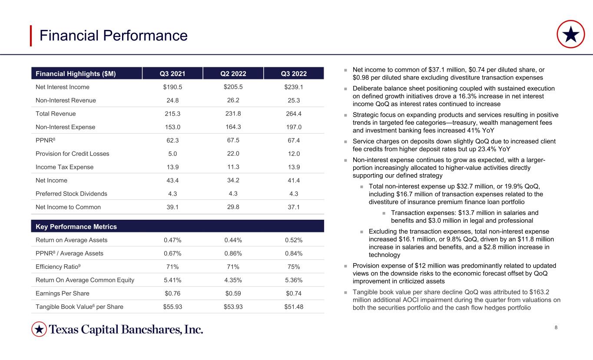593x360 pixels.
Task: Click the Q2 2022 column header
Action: click(233, 73)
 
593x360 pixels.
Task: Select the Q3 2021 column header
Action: click(172, 73)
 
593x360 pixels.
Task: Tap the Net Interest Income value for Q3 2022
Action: click(294, 87)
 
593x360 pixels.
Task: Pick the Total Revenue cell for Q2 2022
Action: click(233, 114)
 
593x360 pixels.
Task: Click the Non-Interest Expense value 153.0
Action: click(172, 127)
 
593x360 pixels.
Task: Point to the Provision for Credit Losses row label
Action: click(72, 154)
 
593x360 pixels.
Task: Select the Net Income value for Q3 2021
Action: click(172, 181)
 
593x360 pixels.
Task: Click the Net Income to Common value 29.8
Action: click(233, 207)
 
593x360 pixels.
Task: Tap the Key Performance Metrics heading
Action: click(76, 227)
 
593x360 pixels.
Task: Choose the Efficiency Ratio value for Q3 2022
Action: click(294, 267)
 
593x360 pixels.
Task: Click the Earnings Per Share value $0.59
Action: click(233, 294)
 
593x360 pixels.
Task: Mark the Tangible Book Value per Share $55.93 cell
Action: click(172, 307)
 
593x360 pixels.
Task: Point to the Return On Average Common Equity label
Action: click(85, 280)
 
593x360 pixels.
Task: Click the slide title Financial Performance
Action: click(113, 36)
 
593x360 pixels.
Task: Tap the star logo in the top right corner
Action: click(570, 34)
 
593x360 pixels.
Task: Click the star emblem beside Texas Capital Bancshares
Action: click(39, 329)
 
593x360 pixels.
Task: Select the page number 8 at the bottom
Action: click(556, 327)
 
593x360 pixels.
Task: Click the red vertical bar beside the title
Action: click(31, 36)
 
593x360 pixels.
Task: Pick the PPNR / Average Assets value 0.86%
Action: click(233, 254)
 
